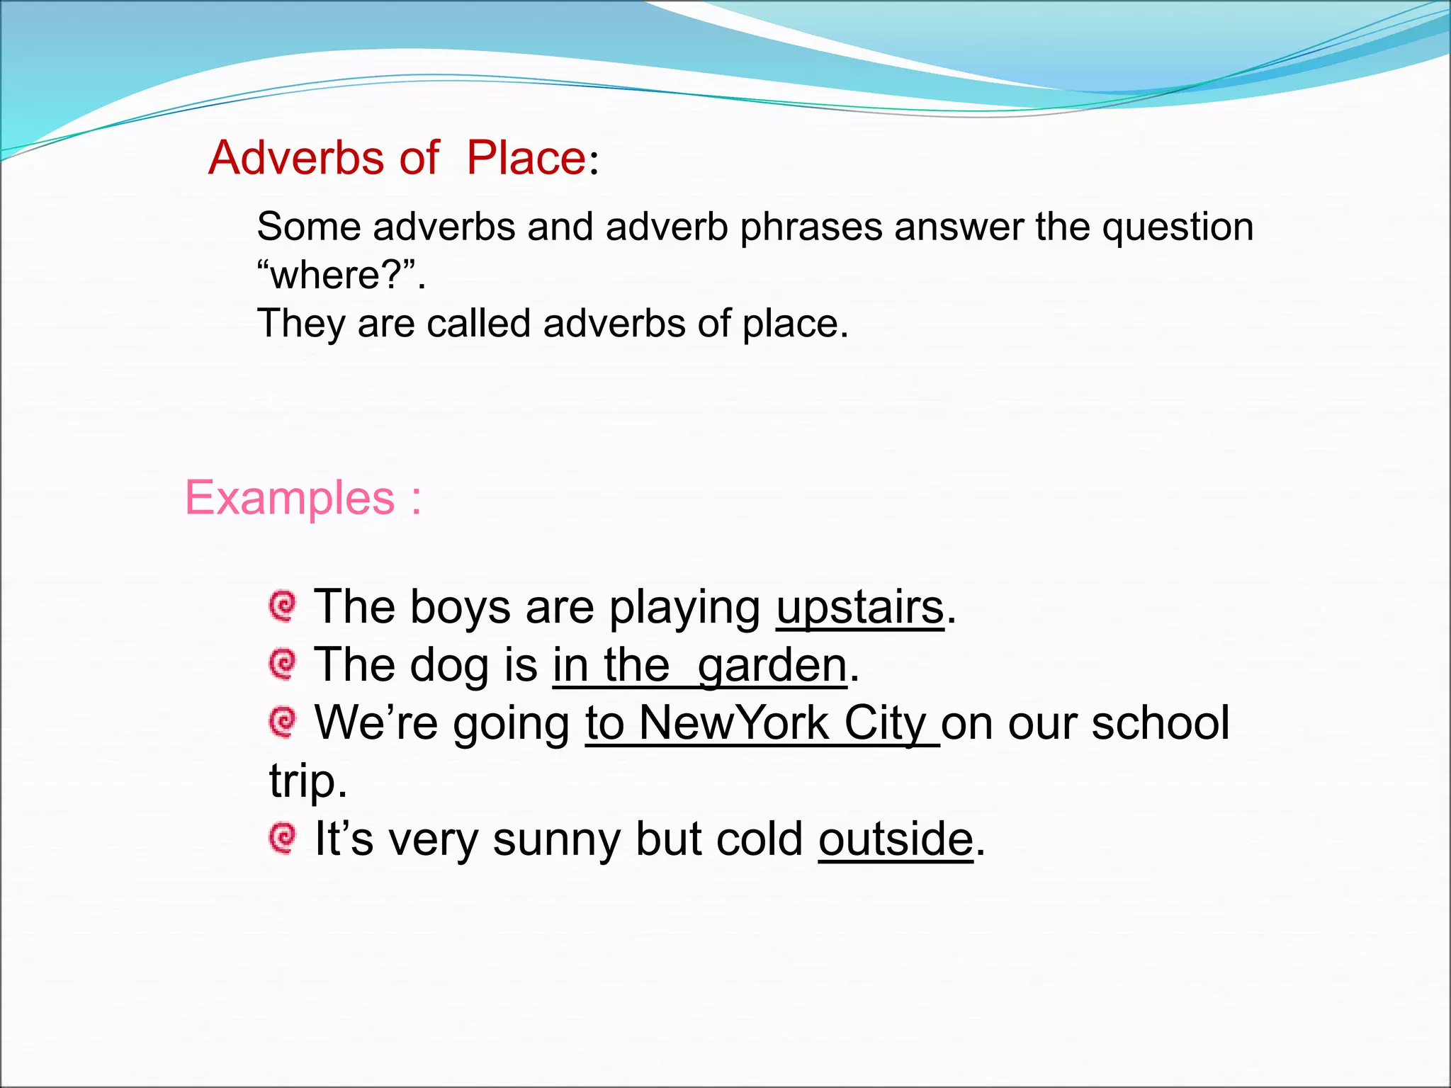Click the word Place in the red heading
point(526,157)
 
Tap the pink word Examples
point(290,498)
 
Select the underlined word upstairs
point(860,608)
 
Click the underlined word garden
point(772,666)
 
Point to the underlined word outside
point(896,839)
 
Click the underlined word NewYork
point(734,723)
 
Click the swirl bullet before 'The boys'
point(283,606)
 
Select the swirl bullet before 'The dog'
point(283,664)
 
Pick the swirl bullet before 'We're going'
point(283,722)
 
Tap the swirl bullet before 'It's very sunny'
point(283,839)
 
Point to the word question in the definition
point(1178,228)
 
